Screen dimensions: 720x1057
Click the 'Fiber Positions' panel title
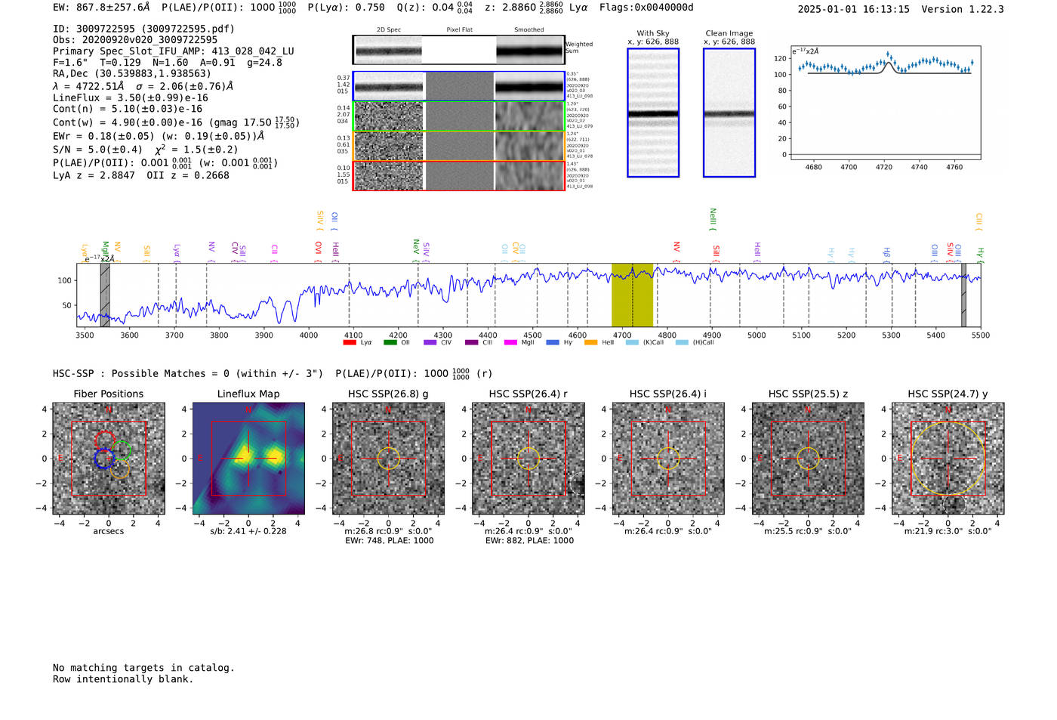click(x=108, y=394)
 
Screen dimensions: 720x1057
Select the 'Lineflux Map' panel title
click(x=248, y=394)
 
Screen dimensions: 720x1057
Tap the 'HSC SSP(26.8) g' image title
click(x=388, y=394)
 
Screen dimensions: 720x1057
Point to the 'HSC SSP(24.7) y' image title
click(x=948, y=394)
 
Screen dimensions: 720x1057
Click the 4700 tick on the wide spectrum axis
click(x=622, y=335)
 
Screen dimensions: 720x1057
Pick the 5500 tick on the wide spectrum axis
click(x=980, y=335)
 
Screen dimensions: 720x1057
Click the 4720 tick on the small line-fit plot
click(x=884, y=167)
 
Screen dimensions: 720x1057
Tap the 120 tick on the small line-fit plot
click(x=780, y=58)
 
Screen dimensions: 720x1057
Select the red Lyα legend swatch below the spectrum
click(x=350, y=342)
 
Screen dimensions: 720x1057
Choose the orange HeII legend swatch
click(x=591, y=342)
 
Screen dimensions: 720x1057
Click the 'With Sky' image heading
click(x=653, y=33)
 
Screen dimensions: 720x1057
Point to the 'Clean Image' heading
click(x=729, y=33)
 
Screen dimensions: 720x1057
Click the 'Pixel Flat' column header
click(x=459, y=29)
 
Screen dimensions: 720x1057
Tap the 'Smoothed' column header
click(x=528, y=29)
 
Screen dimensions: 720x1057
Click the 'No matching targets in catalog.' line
click(x=143, y=667)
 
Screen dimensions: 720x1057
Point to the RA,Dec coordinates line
click(x=132, y=73)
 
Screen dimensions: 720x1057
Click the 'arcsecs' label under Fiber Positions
click(x=108, y=531)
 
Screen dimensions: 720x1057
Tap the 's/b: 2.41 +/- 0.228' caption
click(x=248, y=531)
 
